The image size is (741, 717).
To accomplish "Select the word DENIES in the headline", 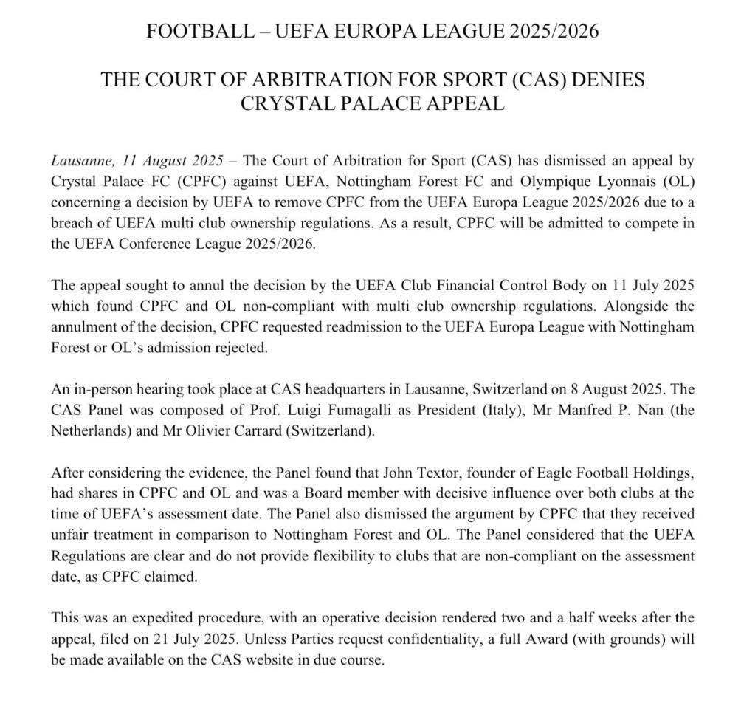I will (607, 80).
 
